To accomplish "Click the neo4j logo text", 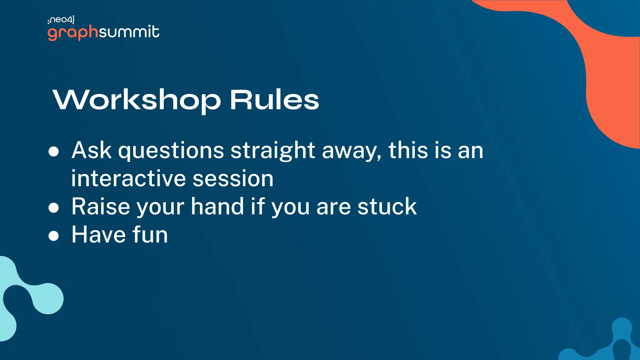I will (x=62, y=20).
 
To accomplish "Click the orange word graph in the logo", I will (x=73, y=32).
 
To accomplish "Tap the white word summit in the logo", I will (x=129, y=32).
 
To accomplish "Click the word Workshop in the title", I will (x=137, y=100).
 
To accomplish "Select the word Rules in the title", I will (x=274, y=100).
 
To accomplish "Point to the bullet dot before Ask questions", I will (x=54, y=151).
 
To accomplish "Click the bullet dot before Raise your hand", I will (x=54, y=207).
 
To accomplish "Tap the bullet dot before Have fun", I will (x=54, y=236).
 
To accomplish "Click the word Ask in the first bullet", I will (x=91, y=150).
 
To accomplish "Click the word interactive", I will (x=128, y=178).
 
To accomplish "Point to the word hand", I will (x=217, y=207).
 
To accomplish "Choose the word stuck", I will (x=387, y=207).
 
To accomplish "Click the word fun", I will (x=150, y=235).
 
